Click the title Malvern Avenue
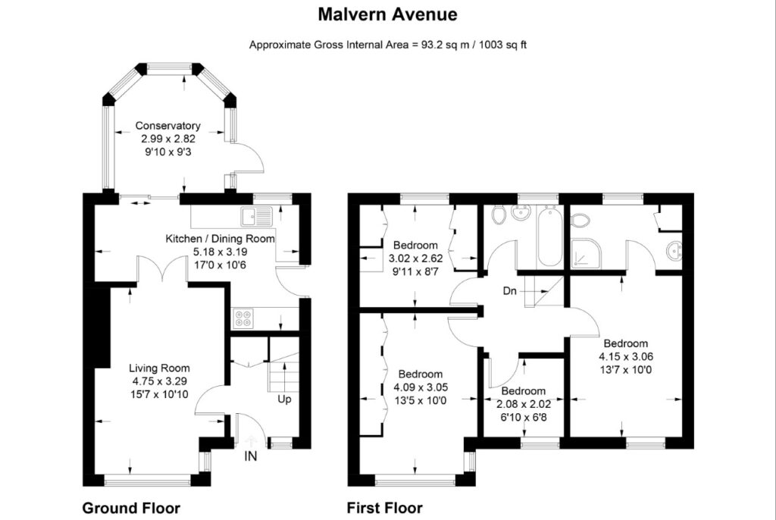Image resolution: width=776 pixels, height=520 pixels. [387, 14]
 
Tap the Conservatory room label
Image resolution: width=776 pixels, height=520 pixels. [167, 126]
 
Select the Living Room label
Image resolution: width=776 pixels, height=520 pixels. [159, 368]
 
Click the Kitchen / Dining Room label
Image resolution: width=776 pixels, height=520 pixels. [220, 239]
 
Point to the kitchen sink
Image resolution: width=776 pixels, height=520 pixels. [256, 217]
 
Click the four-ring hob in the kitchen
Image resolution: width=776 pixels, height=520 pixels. [243, 318]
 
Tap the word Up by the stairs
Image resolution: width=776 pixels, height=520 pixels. [284, 399]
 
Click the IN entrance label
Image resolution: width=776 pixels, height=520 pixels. [251, 456]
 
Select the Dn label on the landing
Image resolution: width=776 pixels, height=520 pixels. [510, 291]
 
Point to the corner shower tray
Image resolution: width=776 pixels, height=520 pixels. [587, 254]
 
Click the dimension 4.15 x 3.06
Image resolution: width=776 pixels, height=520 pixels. [626, 356]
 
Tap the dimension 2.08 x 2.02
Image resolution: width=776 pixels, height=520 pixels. [524, 404]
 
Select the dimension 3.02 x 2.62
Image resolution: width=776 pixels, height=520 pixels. [416, 258]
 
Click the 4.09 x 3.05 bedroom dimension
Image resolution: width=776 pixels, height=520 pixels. [421, 387]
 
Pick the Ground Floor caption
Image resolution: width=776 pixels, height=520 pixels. [131, 508]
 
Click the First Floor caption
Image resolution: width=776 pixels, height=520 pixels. [384, 508]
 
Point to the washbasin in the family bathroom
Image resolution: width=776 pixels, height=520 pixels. [520, 212]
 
